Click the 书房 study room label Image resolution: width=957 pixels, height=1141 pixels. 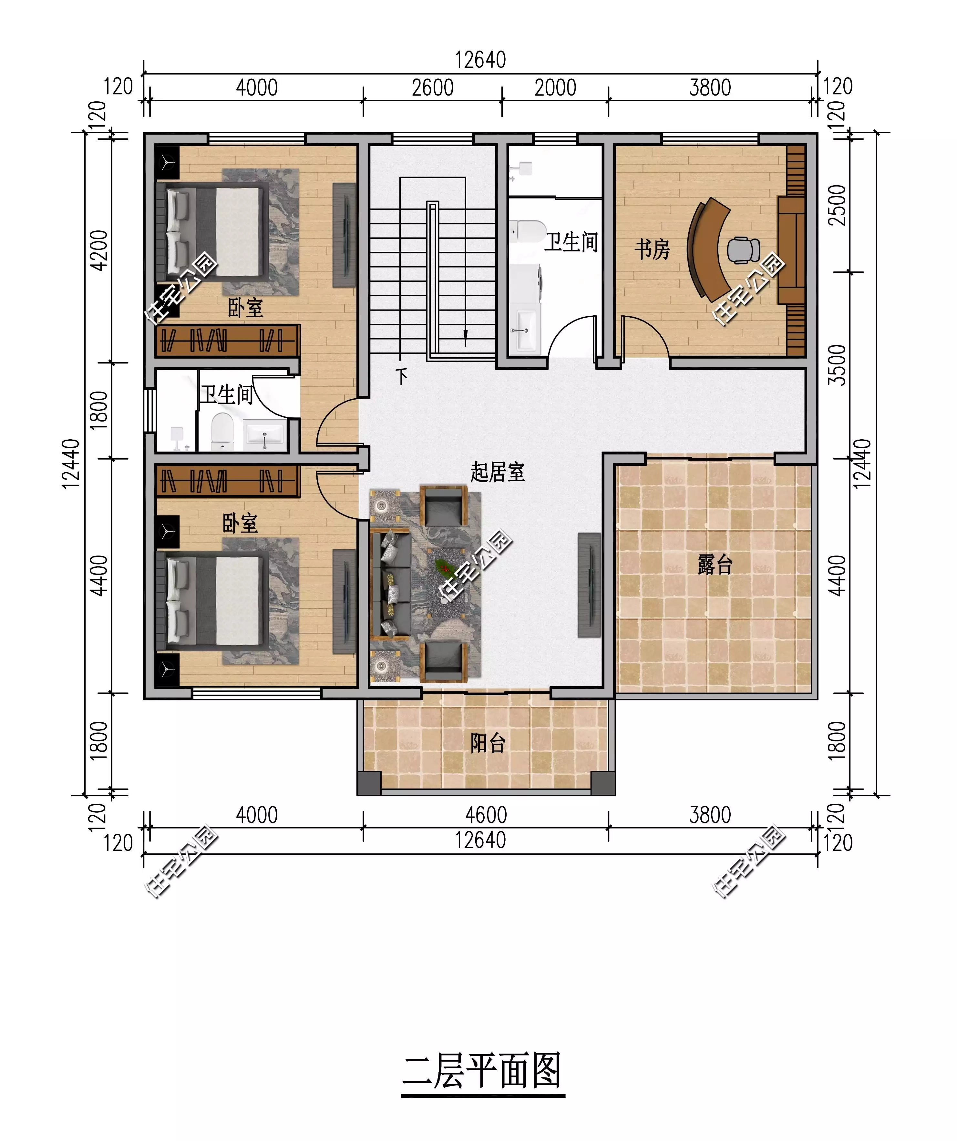652,250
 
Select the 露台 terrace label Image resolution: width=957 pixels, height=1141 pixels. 715,565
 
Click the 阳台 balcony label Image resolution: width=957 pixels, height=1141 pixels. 488,743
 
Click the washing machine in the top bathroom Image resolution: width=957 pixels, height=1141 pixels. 526,286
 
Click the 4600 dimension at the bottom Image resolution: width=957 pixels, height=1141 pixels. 486,815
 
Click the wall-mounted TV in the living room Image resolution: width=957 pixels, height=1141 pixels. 590,585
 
